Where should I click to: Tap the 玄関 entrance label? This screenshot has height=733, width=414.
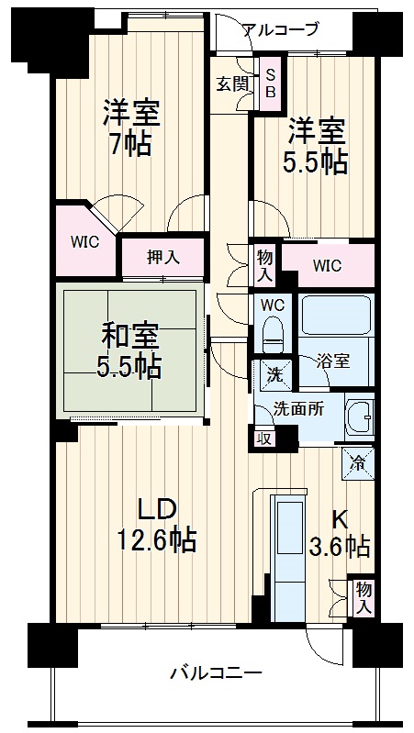[x=231, y=83]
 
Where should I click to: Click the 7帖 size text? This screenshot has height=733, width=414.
[x=130, y=144]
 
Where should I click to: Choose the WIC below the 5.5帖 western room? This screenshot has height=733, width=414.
[x=328, y=266]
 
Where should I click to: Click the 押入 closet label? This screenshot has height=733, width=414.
[x=163, y=258]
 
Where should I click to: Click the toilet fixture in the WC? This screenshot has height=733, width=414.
[x=274, y=333]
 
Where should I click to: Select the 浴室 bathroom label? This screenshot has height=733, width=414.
[x=332, y=360]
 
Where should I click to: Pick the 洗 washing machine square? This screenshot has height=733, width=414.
[x=274, y=374]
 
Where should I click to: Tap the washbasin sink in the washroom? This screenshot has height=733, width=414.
[x=359, y=417]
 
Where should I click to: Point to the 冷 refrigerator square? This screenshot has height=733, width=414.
[x=359, y=464]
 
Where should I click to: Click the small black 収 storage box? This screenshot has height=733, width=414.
[x=264, y=439]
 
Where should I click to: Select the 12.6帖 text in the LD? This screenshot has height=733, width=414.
[x=156, y=539]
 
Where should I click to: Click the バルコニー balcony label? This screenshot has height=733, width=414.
[x=217, y=674]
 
